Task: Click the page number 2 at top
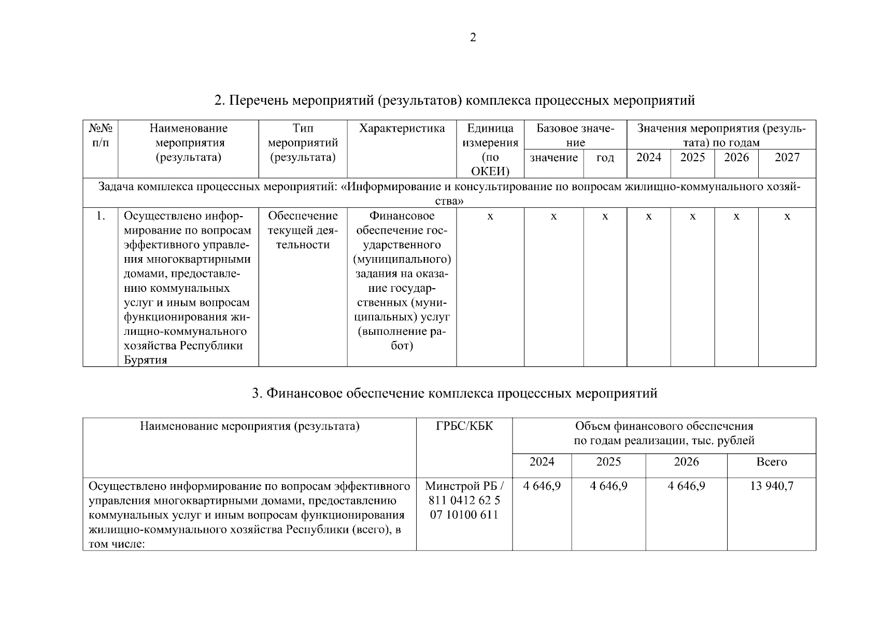point(472,37)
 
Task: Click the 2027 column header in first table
point(787,158)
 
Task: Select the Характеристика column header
point(402,129)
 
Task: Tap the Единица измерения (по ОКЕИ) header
point(490,150)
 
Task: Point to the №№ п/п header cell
point(101,135)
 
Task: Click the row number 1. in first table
point(101,216)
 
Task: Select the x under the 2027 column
point(787,216)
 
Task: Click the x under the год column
point(605,216)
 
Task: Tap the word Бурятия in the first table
point(146,360)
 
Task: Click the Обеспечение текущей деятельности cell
point(303,230)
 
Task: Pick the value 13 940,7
point(772,486)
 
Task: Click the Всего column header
point(771,462)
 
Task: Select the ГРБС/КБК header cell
point(464,426)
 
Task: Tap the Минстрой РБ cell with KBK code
point(464,500)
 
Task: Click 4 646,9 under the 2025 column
point(608,486)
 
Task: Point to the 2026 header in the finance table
point(686,462)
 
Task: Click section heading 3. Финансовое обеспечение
point(455,393)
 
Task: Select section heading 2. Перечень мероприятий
point(455,100)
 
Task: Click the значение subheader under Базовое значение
point(553,158)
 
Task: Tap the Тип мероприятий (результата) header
point(303,143)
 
